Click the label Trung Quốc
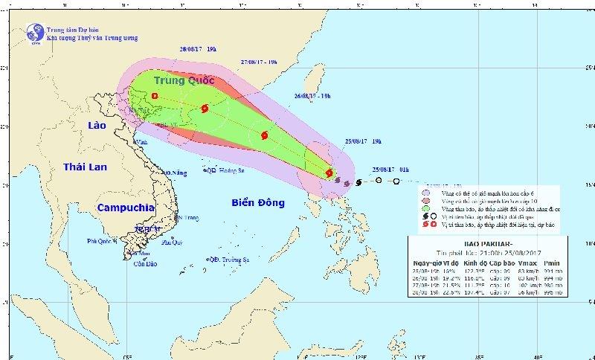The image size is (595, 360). pos(184,80)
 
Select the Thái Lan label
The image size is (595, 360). pos(86,167)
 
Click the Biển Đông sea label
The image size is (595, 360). pos(259,202)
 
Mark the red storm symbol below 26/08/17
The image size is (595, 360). pos(264,135)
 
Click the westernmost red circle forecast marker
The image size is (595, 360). pos(155,96)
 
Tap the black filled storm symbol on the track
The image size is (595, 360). pos(359,182)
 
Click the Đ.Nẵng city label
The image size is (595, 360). pos(173,173)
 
